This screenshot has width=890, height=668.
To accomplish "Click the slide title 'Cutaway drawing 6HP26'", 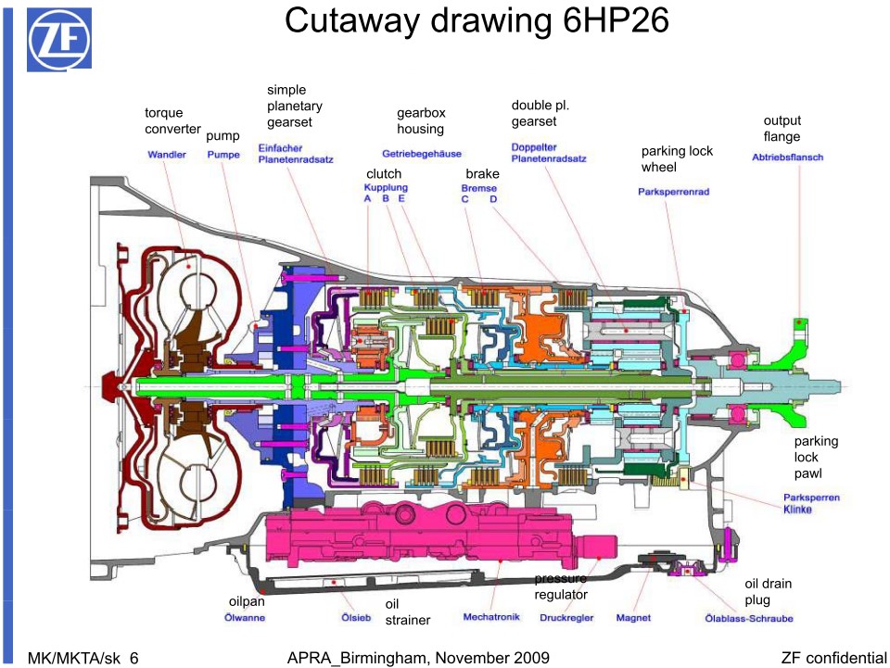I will (x=477, y=21).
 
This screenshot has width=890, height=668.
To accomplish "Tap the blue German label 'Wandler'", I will (x=167, y=155).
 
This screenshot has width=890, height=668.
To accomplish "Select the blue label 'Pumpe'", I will (x=223, y=155).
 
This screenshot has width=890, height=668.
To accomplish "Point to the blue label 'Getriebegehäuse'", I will (x=421, y=153).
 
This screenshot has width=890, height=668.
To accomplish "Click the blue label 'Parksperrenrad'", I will (x=673, y=192).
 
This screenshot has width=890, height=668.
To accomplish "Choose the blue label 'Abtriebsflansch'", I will (x=787, y=158).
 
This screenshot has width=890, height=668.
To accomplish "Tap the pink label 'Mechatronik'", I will (x=492, y=617).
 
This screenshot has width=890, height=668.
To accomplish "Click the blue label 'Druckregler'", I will (x=566, y=617).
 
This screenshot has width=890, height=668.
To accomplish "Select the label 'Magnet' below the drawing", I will (x=633, y=617).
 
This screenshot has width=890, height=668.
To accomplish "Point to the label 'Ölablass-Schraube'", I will (x=749, y=618).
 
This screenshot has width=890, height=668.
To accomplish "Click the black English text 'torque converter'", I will (x=172, y=120).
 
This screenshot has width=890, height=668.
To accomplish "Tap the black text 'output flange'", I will (x=782, y=129).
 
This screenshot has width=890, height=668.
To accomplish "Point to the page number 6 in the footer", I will (x=133, y=658).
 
